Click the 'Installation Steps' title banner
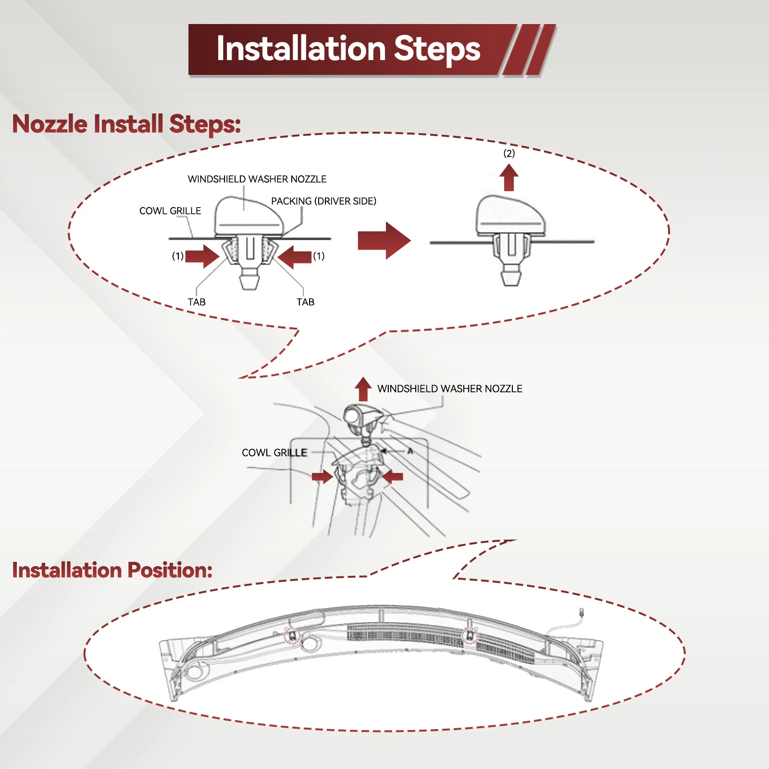coord(372,50)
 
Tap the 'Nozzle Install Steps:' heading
coord(126,124)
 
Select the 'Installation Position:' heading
coord(112,570)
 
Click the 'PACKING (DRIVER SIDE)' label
coord(323,201)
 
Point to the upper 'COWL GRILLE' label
coord(170,211)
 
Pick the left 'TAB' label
coord(197,302)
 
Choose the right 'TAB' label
coord(306,302)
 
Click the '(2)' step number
coord(509,153)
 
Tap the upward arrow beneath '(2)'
coord(509,177)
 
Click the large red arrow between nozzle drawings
coord(384,240)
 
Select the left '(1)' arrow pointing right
coord(202,256)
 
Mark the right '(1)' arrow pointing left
coord(295,257)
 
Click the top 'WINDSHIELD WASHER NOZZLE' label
coord(257,179)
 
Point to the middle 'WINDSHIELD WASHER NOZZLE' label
coord(450,388)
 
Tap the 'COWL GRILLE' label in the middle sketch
coord(274,453)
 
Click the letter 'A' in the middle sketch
coord(410,451)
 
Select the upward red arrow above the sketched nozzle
coord(363,389)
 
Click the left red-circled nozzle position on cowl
coord(292,636)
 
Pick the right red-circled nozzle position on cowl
coord(470,636)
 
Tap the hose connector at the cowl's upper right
coord(582,613)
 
